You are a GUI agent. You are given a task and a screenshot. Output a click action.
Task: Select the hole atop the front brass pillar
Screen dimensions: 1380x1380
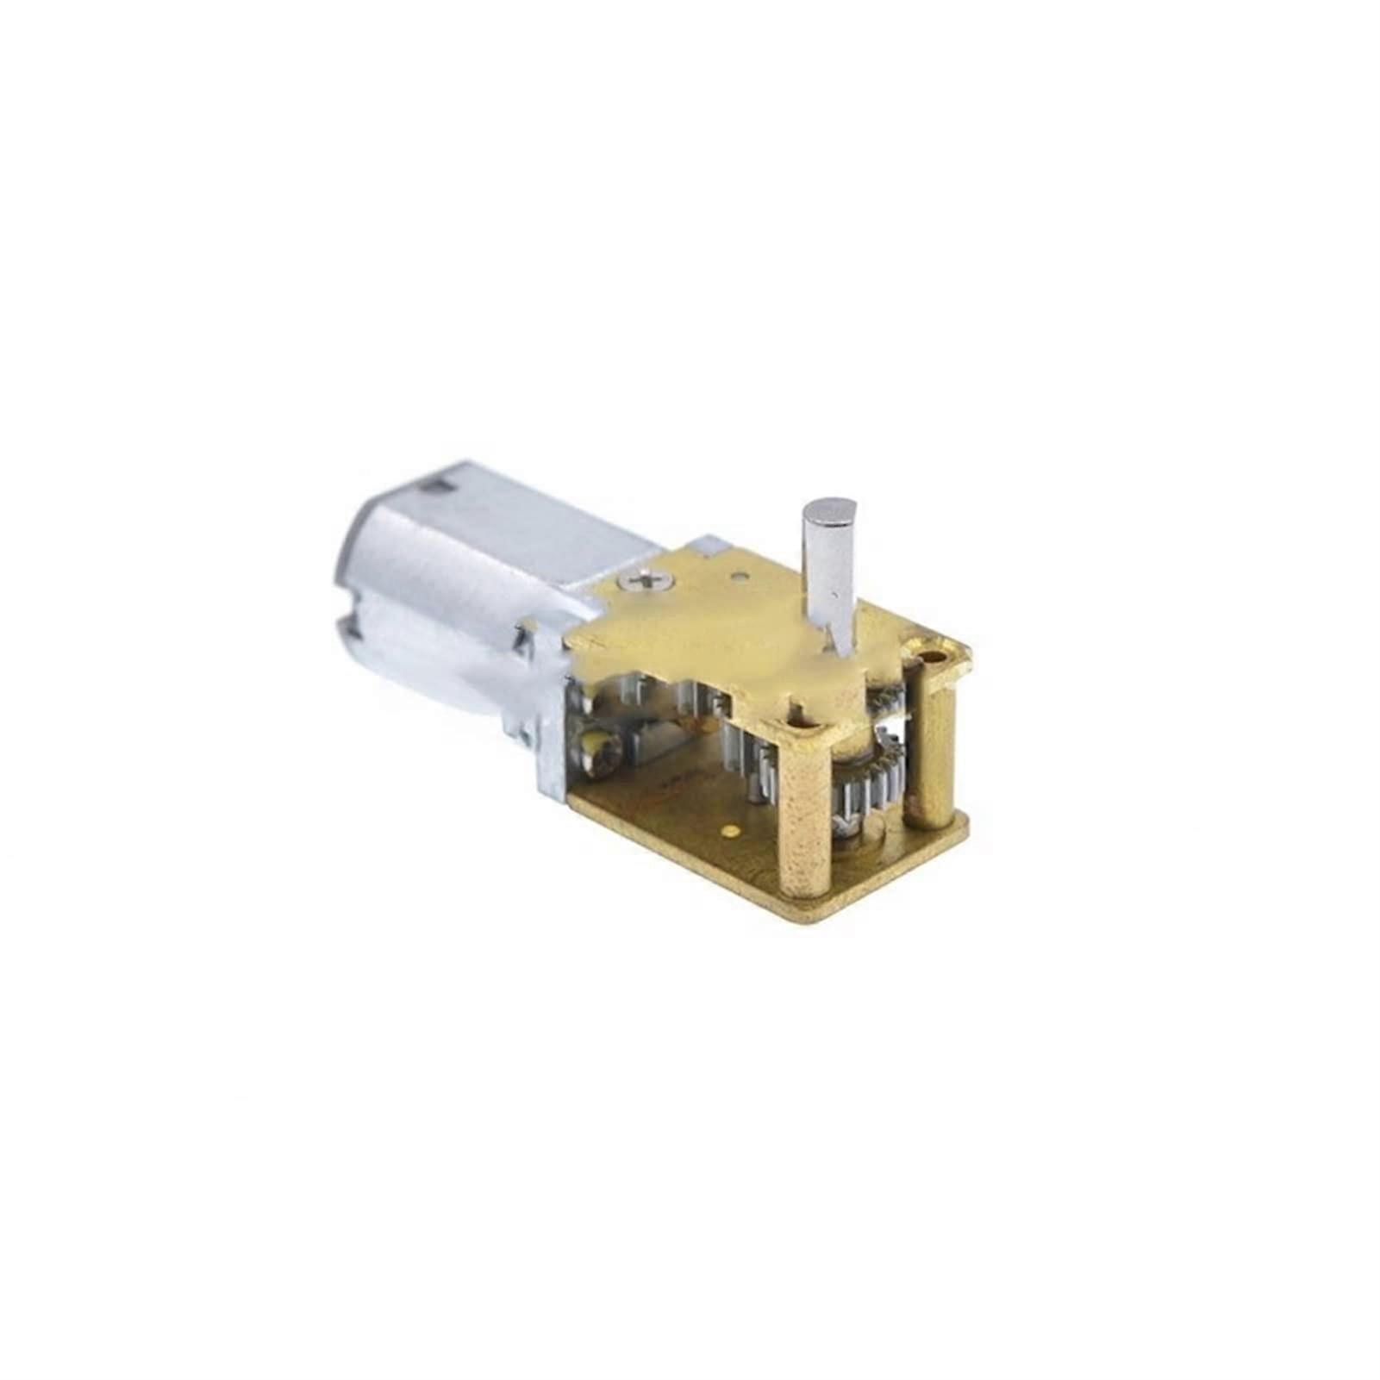(808, 728)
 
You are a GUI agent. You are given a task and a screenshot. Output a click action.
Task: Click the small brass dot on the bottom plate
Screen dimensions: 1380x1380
(732, 831)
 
